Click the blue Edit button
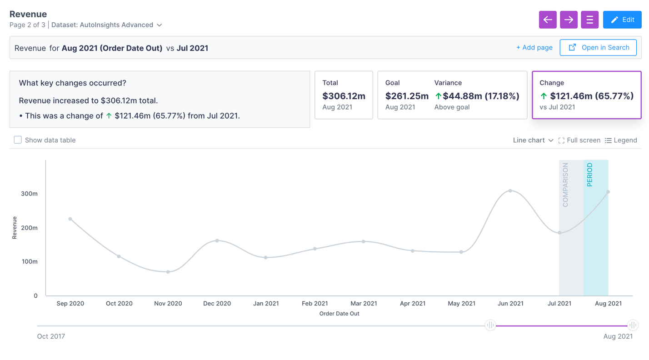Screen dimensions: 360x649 [622, 20]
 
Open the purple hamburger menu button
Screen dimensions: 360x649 [589, 20]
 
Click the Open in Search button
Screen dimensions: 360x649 [598, 48]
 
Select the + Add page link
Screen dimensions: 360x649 [534, 48]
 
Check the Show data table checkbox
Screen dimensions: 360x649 [18, 140]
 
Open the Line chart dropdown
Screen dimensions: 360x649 [533, 140]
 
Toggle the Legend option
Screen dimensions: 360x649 [621, 140]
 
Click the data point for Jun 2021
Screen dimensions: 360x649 [510, 191]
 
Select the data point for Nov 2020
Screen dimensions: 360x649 [168, 272]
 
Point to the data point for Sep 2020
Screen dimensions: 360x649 [70, 219]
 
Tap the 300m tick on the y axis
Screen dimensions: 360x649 [30, 194]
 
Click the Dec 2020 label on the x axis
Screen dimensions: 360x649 [217, 304]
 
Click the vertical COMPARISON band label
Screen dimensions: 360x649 [565, 185]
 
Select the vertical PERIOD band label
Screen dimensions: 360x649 [589, 175]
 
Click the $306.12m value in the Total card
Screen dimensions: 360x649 [344, 96]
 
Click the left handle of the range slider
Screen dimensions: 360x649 [490, 325]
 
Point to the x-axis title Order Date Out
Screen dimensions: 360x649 [339, 314]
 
